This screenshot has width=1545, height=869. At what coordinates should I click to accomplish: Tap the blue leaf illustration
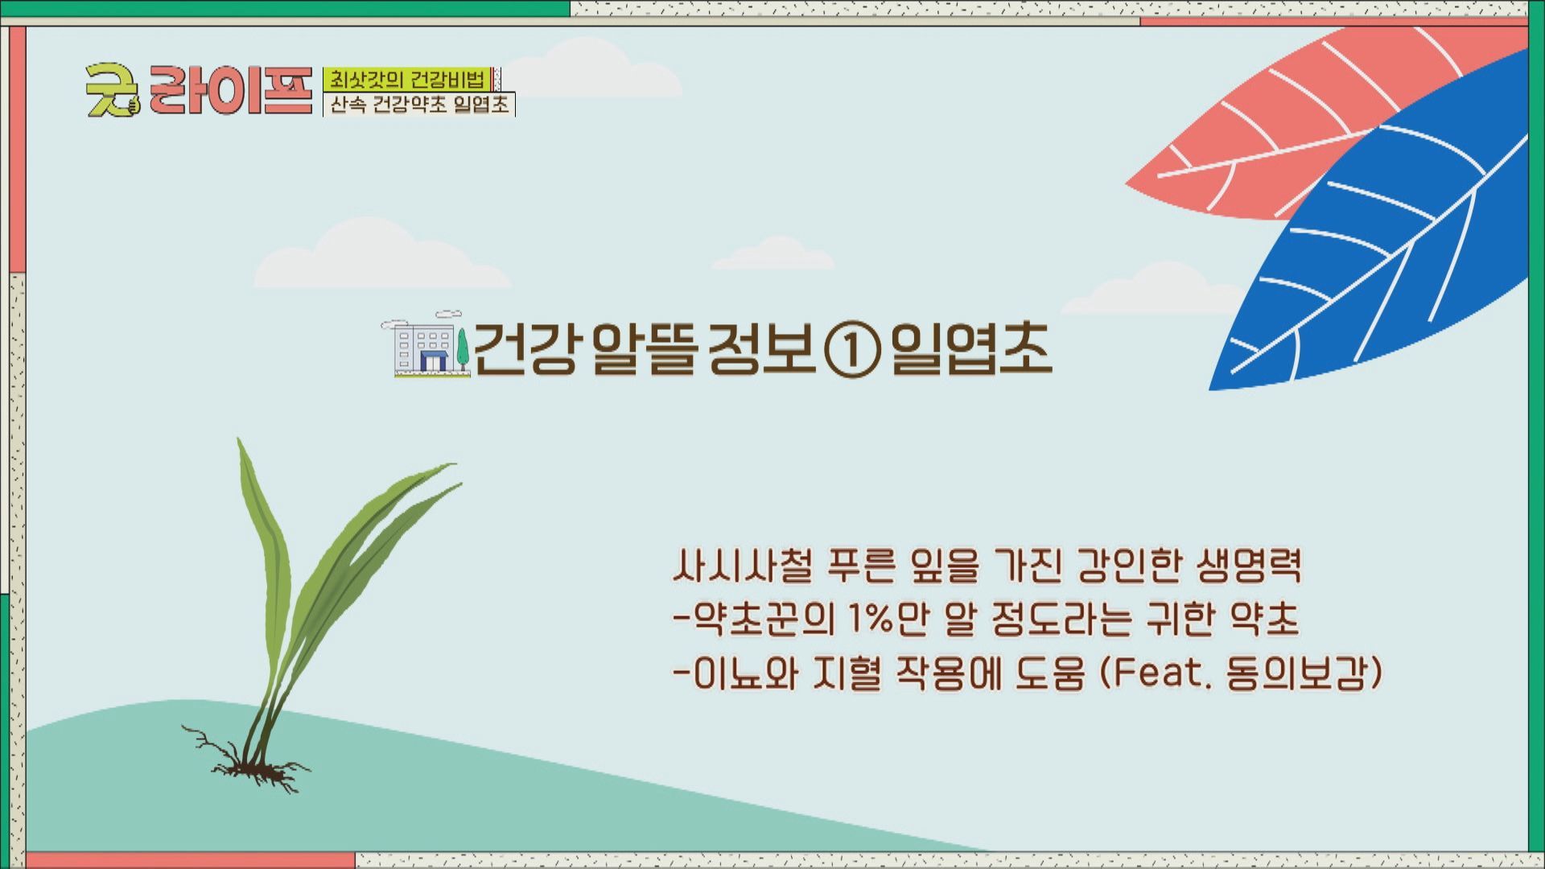(1384, 241)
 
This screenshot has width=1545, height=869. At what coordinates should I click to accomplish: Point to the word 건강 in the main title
(525, 349)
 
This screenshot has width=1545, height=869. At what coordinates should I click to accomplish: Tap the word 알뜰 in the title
(642, 349)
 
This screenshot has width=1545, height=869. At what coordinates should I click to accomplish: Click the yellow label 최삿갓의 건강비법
(408, 79)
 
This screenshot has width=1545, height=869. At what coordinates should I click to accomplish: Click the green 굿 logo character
(113, 89)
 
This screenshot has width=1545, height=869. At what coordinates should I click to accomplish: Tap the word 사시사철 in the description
(741, 566)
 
